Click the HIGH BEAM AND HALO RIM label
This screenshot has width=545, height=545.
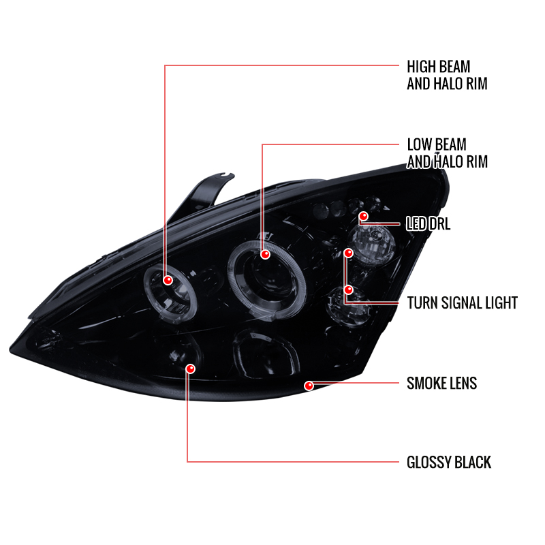(x=447, y=75)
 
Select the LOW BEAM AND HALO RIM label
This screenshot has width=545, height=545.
(x=448, y=153)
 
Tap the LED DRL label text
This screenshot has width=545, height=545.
(x=429, y=223)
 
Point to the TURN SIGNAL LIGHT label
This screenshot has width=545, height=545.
(x=463, y=302)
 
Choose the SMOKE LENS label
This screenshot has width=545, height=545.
(x=441, y=383)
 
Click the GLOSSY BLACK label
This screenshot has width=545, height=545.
(x=449, y=463)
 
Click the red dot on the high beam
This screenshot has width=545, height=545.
(x=168, y=280)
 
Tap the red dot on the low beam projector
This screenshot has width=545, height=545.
(x=265, y=254)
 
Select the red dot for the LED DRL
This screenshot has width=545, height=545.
(x=364, y=216)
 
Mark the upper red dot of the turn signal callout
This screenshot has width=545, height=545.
(x=348, y=253)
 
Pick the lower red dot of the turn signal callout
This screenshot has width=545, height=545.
(x=348, y=289)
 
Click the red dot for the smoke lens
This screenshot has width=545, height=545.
(x=309, y=386)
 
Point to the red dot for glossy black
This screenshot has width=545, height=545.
(x=191, y=369)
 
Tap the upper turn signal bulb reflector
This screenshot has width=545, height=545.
(x=372, y=243)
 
